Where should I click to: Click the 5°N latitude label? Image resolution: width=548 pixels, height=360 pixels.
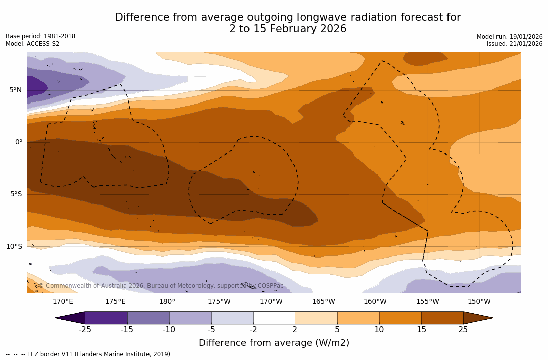(x=15, y=90)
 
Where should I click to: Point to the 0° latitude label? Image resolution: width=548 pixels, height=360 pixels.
(x=19, y=142)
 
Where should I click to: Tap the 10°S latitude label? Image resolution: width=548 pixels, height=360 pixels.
(x=14, y=247)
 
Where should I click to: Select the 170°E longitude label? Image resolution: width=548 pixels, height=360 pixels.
(x=63, y=302)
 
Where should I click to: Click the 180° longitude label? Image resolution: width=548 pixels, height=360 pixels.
(x=167, y=302)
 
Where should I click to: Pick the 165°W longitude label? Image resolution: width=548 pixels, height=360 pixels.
(x=323, y=302)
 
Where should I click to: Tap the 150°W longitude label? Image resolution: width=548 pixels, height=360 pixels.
(x=479, y=302)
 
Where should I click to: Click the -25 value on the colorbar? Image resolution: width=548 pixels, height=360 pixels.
(x=85, y=330)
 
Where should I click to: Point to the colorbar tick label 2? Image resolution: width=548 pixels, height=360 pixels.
(x=295, y=330)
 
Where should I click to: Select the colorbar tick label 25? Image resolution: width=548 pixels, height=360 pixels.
(x=463, y=330)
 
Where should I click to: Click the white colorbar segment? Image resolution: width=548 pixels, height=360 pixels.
(x=274, y=318)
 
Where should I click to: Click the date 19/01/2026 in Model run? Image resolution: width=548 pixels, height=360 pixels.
(x=526, y=37)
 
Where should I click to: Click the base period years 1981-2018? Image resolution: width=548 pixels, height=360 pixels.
(x=60, y=36)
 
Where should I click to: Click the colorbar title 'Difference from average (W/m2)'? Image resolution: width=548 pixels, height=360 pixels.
(x=274, y=343)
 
